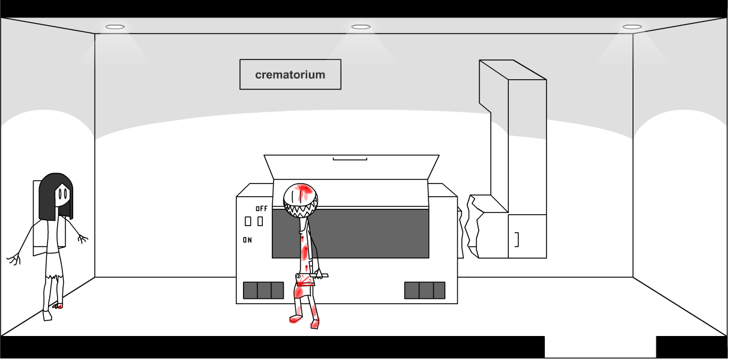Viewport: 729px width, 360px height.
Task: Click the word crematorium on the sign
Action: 290,75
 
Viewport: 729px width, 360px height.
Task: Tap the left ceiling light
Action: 115,27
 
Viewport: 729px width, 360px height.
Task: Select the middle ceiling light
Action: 361,27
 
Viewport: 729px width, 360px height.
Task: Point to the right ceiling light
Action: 632,27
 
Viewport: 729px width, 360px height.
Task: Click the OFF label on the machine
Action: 262,209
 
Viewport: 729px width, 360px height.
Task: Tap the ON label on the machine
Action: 247,240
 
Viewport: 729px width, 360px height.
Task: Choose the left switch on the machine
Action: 248,221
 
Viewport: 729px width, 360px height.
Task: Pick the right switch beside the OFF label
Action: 260,221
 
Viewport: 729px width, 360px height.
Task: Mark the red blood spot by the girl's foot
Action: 59,307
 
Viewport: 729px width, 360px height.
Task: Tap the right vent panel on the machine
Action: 424,290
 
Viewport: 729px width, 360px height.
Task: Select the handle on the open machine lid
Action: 350,159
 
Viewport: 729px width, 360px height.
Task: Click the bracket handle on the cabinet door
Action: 517,239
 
